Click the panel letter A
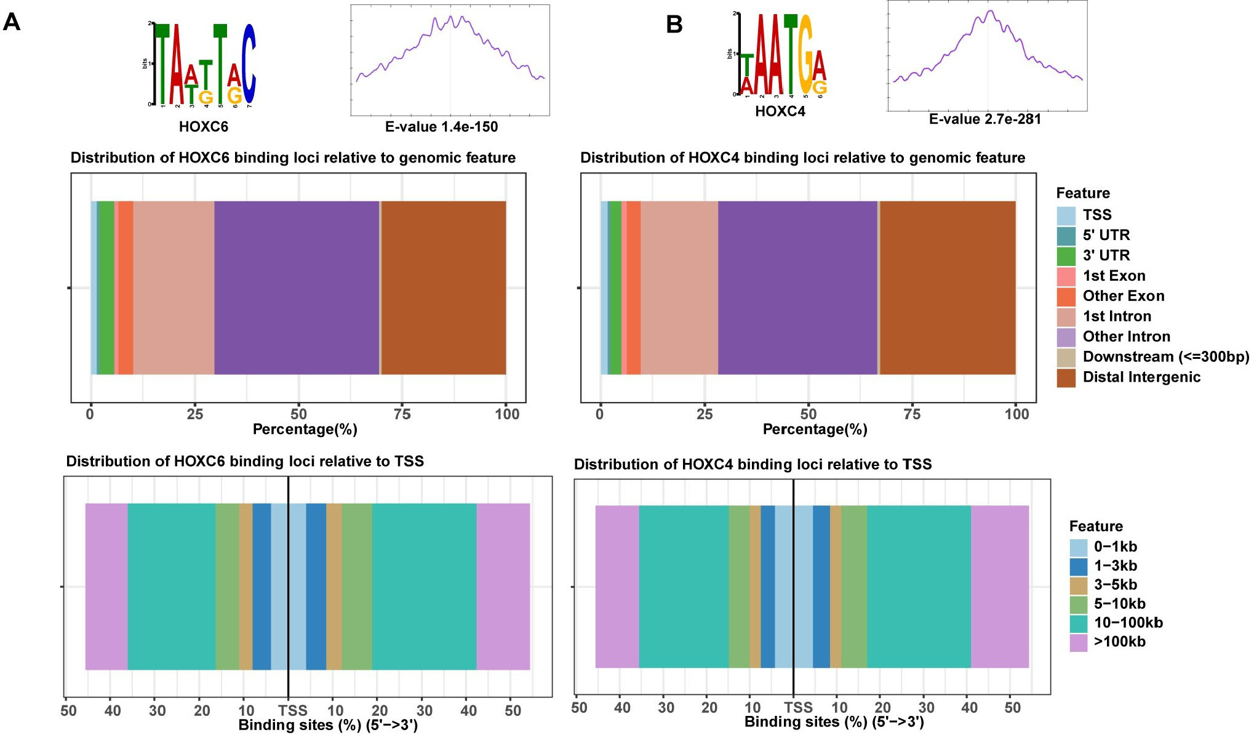tap(12, 23)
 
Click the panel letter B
tap(674, 25)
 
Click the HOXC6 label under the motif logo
tap(204, 127)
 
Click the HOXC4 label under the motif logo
tap(780, 111)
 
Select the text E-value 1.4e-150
tap(441, 127)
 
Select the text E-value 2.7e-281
tap(984, 119)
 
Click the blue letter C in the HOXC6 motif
tap(248, 65)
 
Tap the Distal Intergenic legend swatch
tap(1066, 377)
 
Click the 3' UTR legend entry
tap(1106, 255)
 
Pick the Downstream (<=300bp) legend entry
tap(1165, 357)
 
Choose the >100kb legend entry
tap(1119, 642)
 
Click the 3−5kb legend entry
tap(1115, 585)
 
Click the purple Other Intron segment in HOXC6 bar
tap(297, 287)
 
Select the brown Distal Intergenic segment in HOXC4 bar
tap(948, 287)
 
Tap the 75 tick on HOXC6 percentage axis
tap(402, 414)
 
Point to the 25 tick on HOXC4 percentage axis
tap(705, 414)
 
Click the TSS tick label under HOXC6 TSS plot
tap(292, 710)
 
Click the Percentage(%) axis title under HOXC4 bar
tap(815, 430)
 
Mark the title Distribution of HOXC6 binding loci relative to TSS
tap(245, 462)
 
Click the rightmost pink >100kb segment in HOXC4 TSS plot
tap(999, 586)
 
